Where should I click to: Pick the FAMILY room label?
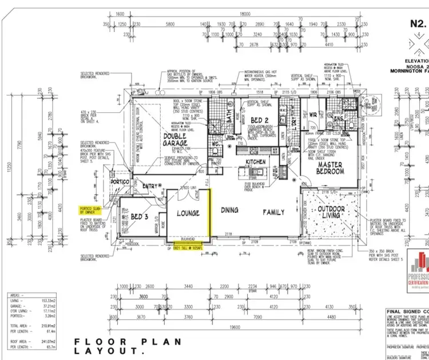pyautogui.click(x=273, y=212)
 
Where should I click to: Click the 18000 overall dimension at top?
pyautogui.click(x=245, y=14)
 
